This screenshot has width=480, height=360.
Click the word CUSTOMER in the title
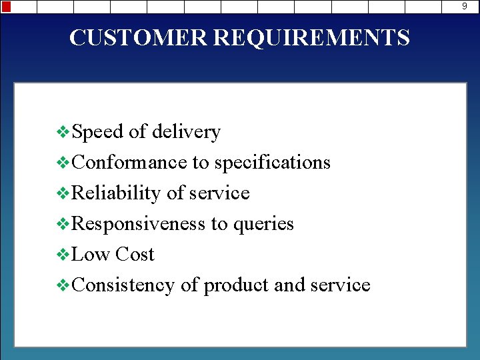coord(139,37)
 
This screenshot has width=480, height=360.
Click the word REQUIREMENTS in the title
coord(311,37)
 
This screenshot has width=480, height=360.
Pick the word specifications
coord(272,163)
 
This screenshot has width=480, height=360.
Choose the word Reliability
coord(116,193)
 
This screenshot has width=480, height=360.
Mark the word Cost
coord(134,255)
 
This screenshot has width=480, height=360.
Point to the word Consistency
coord(123,285)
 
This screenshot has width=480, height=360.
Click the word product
coord(236,285)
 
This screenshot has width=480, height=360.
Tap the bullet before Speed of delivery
coord(64,133)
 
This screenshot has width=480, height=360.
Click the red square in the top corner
coord(6,7)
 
